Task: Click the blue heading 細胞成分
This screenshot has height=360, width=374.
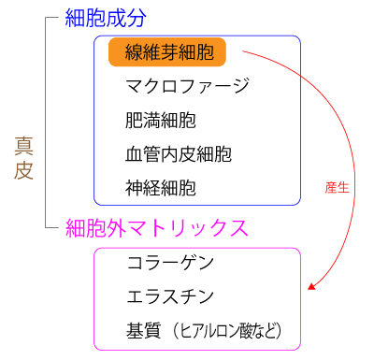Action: point(106,18)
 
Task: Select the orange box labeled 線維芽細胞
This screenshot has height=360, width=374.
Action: point(167,52)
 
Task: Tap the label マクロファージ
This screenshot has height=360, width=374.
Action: point(187,87)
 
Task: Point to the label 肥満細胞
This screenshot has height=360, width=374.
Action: point(161,121)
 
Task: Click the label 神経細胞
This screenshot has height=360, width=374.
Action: point(161,187)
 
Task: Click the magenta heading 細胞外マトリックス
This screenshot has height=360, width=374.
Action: point(156,227)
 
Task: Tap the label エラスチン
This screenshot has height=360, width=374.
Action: point(170,297)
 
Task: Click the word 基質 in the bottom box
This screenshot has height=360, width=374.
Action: point(143,331)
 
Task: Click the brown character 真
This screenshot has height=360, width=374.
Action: point(25,146)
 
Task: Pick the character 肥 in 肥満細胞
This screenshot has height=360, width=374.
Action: point(135,121)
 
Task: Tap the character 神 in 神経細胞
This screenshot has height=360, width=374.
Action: point(135,187)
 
